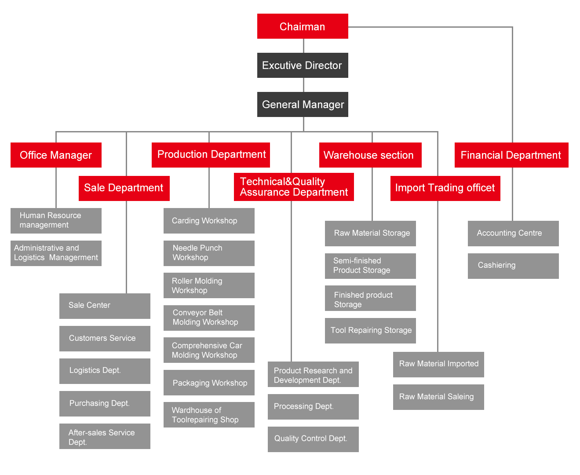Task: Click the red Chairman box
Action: click(x=303, y=26)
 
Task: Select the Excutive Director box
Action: click(x=303, y=66)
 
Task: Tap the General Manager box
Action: click(x=303, y=105)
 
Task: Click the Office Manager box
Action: click(x=56, y=155)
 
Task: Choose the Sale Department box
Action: click(x=124, y=188)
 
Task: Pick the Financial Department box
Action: click(x=511, y=155)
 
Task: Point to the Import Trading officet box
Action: click(x=445, y=188)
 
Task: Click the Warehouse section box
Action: click(x=370, y=155)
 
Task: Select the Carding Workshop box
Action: click(x=209, y=221)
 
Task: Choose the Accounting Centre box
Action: click(x=513, y=234)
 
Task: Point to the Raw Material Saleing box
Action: click(x=438, y=397)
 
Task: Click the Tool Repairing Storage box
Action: click(x=370, y=331)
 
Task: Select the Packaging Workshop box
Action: click(x=209, y=383)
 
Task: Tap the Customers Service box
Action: click(x=105, y=339)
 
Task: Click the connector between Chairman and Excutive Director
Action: click(x=303, y=46)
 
